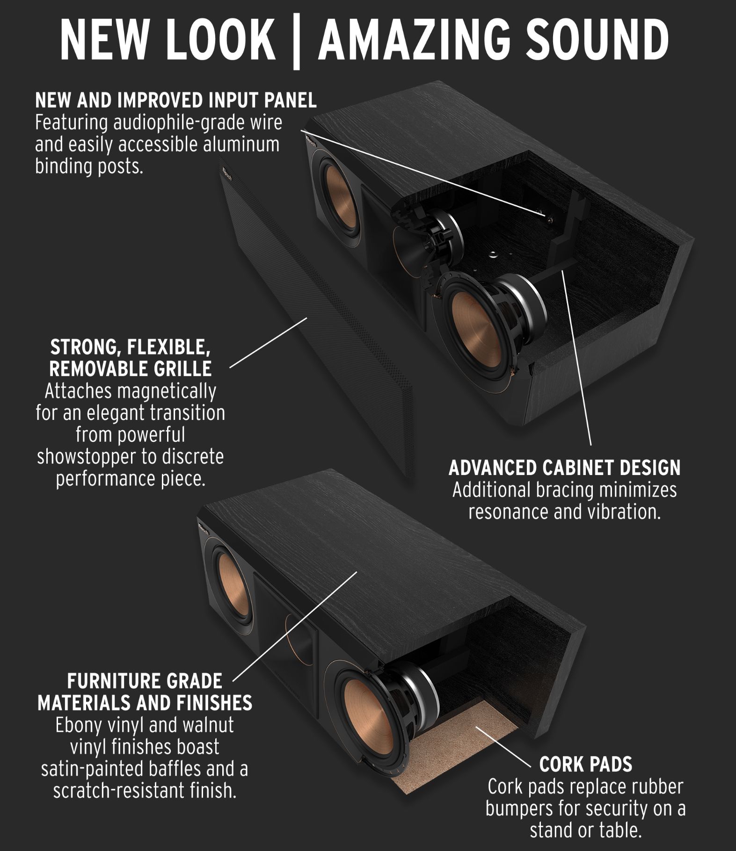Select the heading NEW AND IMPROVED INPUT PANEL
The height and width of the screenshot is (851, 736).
click(175, 100)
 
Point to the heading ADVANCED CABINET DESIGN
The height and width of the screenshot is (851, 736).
click(564, 468)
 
